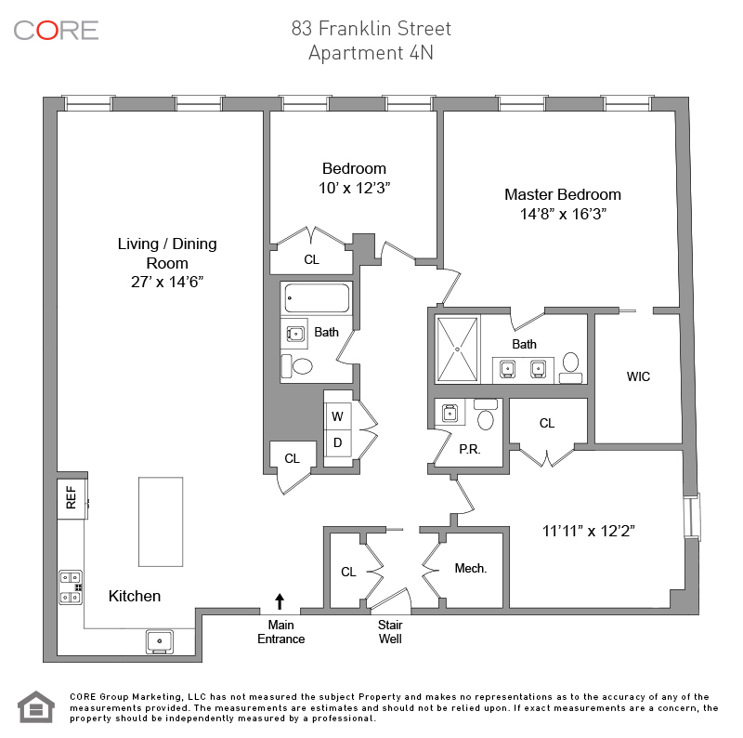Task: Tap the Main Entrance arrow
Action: tap(280, 600)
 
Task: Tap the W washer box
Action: tap(337, 415)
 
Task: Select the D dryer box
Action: tap(337, 442)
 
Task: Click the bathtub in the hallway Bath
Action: tap(316, 299)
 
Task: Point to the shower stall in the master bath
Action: tap(458, 349)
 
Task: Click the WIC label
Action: tap(638, 376)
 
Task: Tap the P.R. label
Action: tap(468, 448)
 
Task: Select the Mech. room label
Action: tap(471, 568)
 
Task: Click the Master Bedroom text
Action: tap(563, 194)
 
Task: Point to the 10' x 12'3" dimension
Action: tap(354, 188)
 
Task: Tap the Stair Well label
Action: tap(390, 632)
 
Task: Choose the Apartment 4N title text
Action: tap(371, 53)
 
